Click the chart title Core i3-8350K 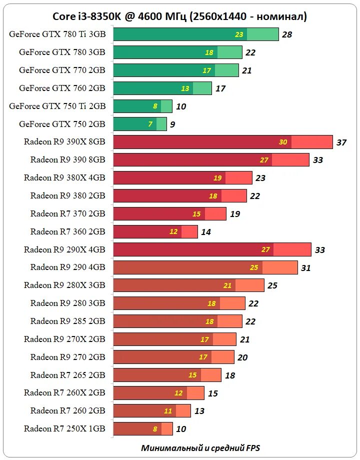[180, 16]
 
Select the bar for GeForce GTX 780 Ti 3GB [195, 34]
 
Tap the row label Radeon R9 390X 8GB [64, 141]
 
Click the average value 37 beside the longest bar [341, 142]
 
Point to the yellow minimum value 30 [283, 142]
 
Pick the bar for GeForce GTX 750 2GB [139, 124]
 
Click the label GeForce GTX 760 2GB [62, 88]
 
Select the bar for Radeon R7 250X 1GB [142, 428]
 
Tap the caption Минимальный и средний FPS [200, 447]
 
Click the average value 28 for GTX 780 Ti [286, 34]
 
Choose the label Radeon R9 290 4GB [67, 267]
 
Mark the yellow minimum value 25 [254, 267]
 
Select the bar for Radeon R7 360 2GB [155, 231]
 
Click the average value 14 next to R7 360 [206, 231]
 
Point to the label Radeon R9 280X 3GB [64, 285]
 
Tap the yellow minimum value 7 [150, 124]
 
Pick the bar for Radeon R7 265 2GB [167, 375]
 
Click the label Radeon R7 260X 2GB [64, 392]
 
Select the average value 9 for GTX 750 [172, 124]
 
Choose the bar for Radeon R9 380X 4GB [182, 177]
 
